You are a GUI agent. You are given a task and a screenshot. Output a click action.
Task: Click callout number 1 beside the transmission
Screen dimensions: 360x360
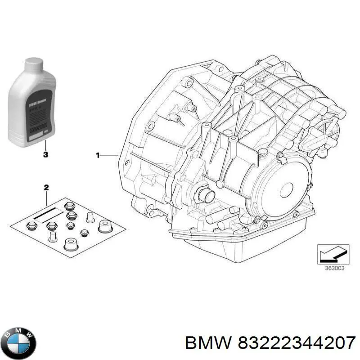pyautogui.click(x=97, y=155)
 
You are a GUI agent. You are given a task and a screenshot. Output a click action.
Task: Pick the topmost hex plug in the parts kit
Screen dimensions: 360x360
pyautogui.click(x=69, y=207)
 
